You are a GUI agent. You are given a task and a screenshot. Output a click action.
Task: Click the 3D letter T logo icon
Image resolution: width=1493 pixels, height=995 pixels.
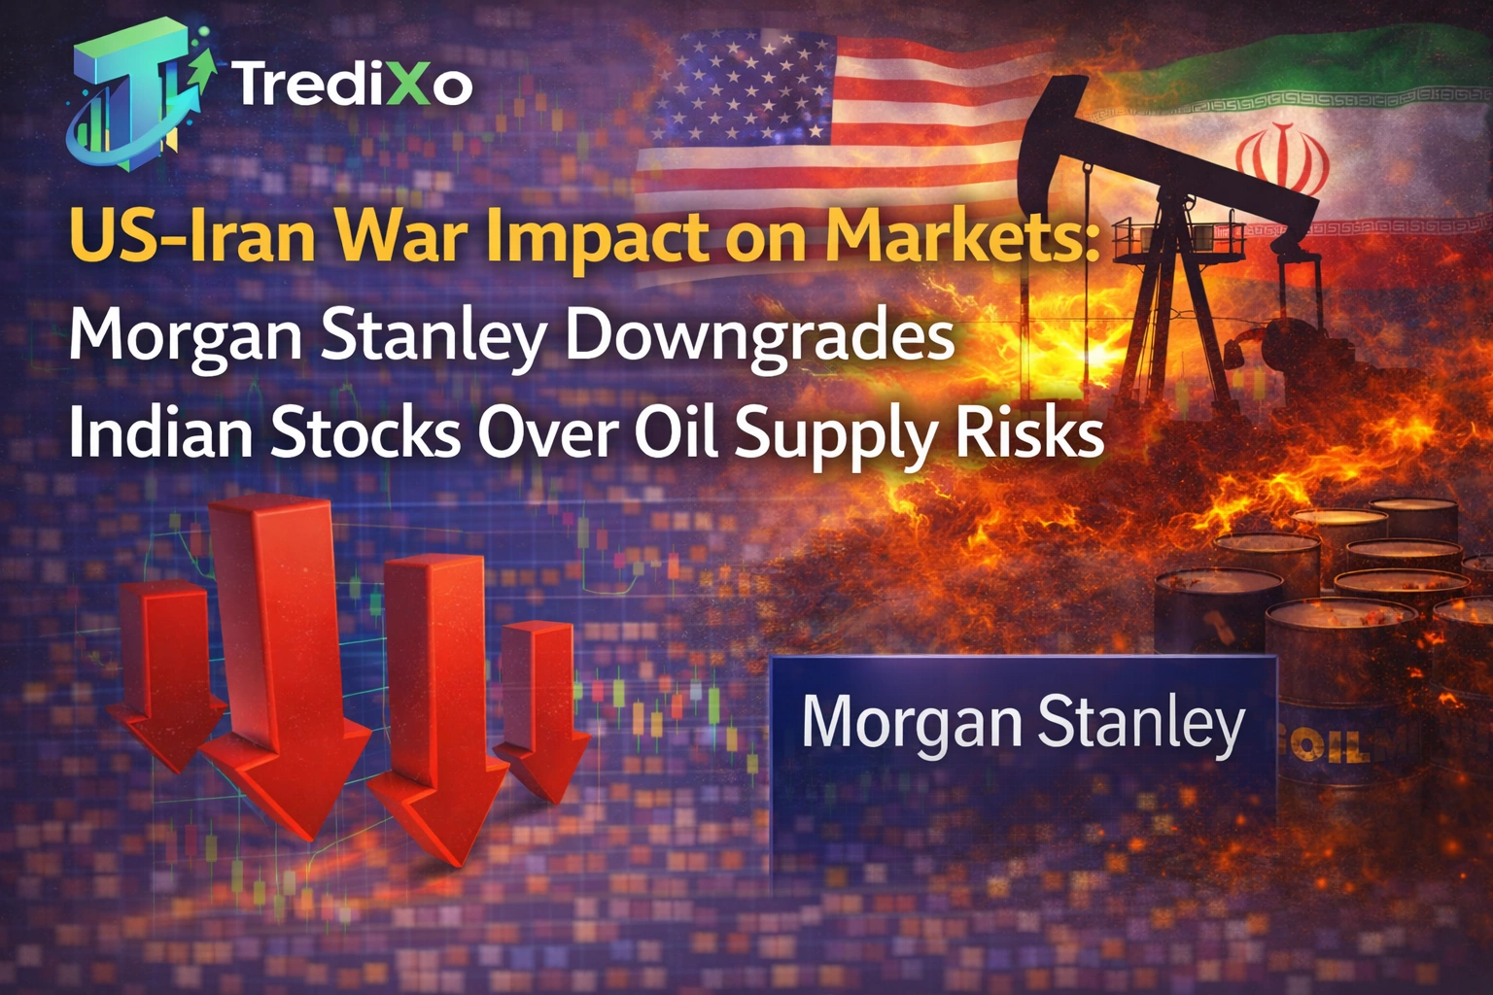(136, 97)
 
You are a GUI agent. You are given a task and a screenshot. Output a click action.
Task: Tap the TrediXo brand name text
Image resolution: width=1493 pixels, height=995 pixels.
(352, 86)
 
